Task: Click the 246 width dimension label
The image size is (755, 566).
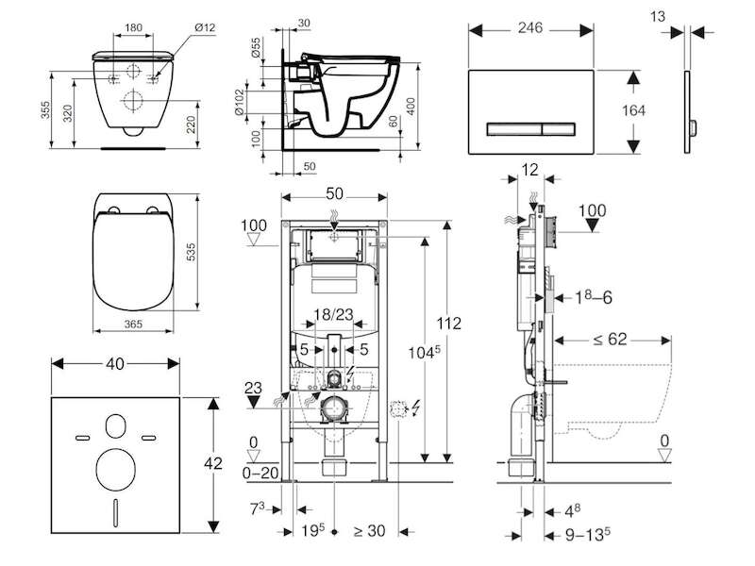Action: [x=530, y=28]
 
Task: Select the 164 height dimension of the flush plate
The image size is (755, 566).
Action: [x=633, y=110]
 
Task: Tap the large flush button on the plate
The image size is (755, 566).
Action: [x=514, y=129]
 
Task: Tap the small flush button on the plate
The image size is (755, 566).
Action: [x=559, y=129]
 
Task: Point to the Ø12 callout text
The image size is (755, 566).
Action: [x=205, y=28]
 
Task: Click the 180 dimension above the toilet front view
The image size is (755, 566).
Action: [x=133, y=27]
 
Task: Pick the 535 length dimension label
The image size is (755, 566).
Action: [x=192, y=252]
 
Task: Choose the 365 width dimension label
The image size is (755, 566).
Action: [x=133, y=324]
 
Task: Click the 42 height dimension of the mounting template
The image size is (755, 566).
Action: [x=213, y=463]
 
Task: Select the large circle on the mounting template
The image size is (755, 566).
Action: [x=115, y=470]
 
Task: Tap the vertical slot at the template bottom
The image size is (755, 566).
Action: [x=115, y=512]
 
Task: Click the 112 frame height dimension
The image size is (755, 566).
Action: [x=449, y=324]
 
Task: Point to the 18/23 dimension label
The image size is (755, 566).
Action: [x=334, y=315]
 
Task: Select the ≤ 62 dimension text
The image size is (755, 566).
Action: [x=610, y=340]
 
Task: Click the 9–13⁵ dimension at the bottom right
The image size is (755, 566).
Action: [x=588, y=535]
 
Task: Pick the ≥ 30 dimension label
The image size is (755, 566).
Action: [x=370, y=531]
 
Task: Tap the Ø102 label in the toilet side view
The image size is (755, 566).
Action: [x=240, y=102]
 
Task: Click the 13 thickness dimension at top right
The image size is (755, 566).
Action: [x=658, y=17]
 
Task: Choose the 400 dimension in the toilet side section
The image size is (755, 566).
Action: [x=411, y=107]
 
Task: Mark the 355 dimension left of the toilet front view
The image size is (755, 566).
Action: [x=44, y=110]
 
